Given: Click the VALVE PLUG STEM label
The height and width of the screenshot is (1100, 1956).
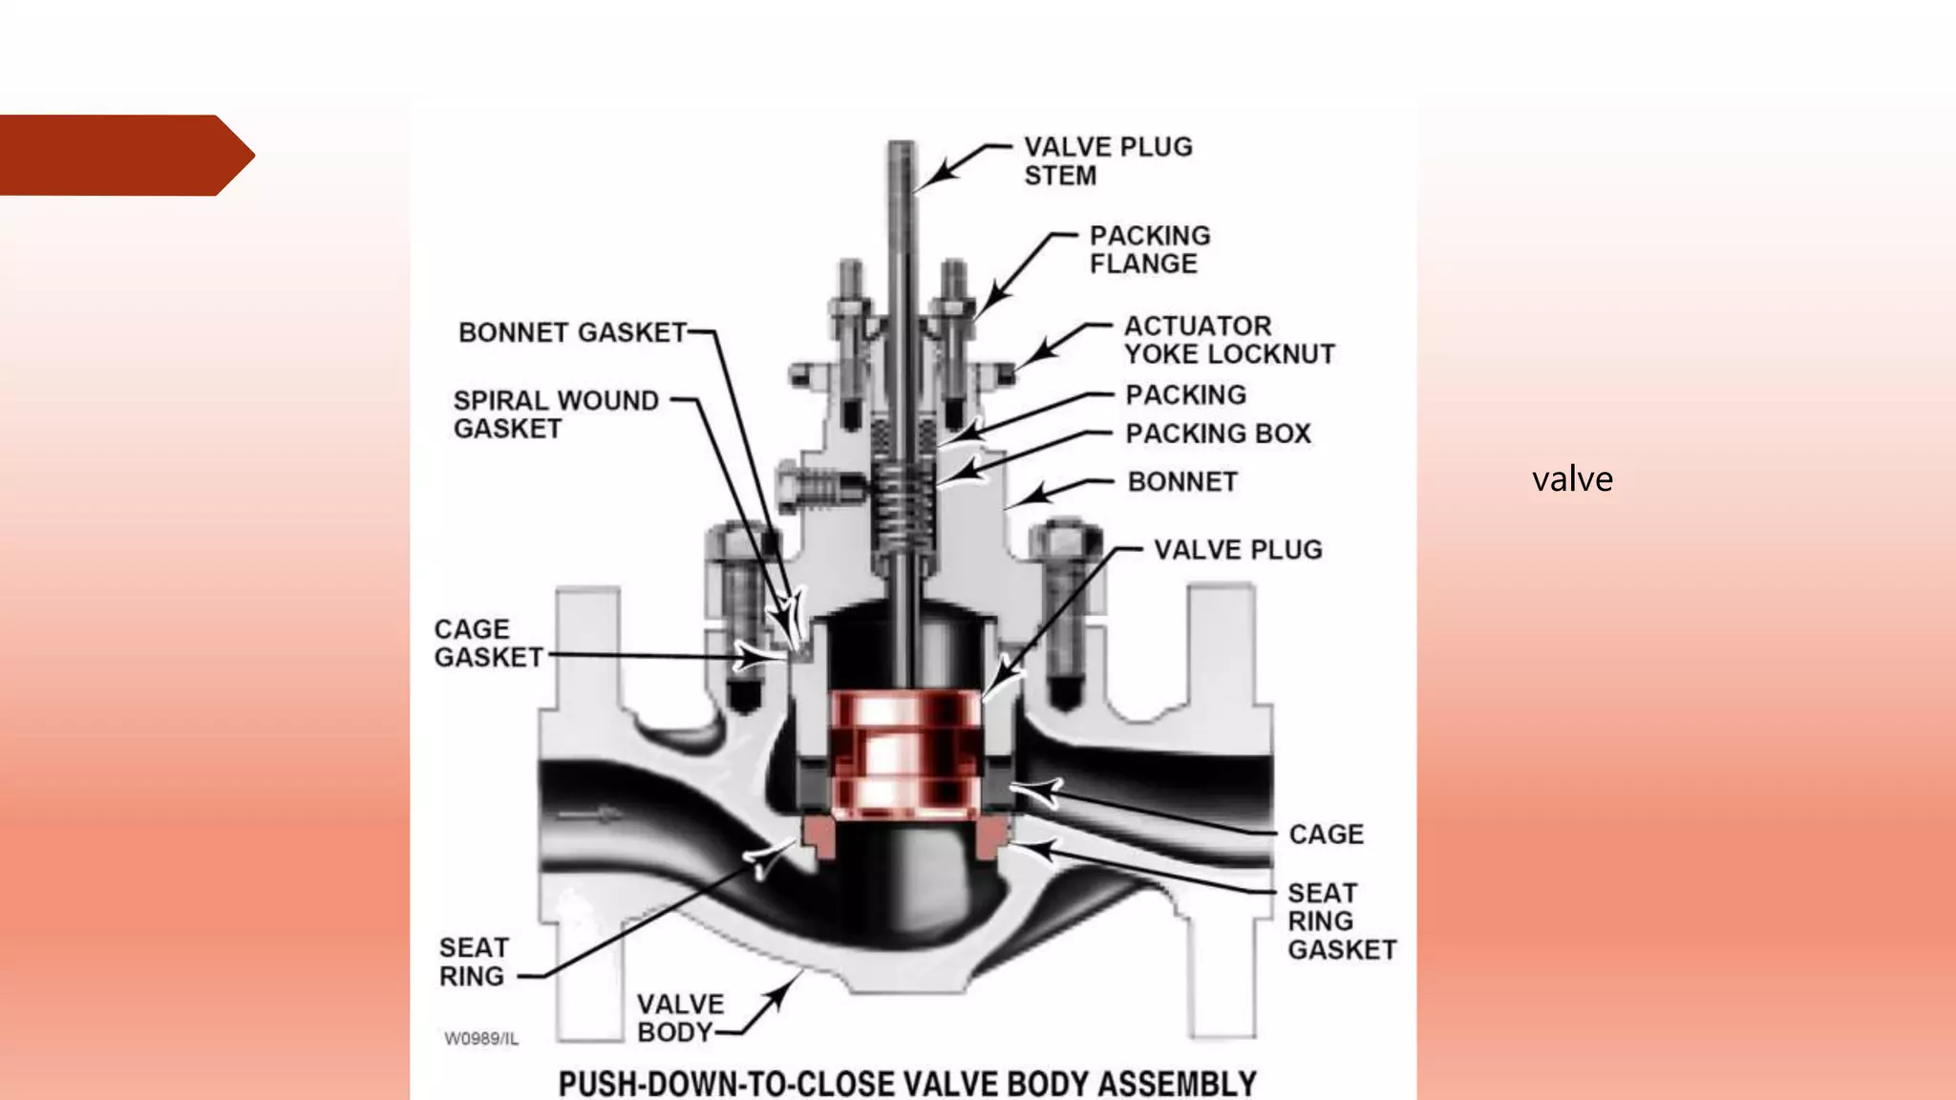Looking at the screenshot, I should click(1107, 161).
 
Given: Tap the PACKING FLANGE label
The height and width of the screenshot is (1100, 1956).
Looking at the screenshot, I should click(1149, 249).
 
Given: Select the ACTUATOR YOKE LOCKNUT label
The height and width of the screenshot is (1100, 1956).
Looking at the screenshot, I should click(1228, 340).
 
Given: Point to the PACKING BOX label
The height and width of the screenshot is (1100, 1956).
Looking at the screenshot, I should click(1218, 434).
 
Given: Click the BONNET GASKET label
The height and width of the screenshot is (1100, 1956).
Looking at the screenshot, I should click(572, 332).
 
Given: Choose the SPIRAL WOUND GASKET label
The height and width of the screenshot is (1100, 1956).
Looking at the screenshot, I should click(555, 414).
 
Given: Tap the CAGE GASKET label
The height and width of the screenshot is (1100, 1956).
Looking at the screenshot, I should click(487, 644).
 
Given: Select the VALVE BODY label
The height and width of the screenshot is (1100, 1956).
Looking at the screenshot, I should click(679, 1018).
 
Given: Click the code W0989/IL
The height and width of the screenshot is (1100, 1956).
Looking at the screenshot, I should click(481, 1039).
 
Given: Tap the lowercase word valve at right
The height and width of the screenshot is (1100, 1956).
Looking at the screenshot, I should click(1572, 478).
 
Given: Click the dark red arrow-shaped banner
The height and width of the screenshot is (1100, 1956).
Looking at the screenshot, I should click(119, 156).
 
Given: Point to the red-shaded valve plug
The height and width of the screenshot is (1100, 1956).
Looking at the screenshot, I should click(904, 754).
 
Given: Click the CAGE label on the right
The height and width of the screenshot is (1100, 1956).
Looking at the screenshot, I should click(1326, 835).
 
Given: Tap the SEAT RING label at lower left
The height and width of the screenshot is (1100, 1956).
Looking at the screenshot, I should click(473, 962).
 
